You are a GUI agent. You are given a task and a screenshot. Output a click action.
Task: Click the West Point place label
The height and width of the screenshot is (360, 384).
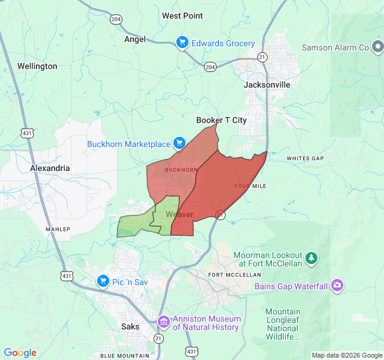click(x=182, y=16)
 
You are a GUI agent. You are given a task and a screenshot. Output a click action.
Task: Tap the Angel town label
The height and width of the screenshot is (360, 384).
click(x=134, y=39)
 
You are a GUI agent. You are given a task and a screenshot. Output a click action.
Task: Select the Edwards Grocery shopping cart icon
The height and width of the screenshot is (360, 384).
click(x=182, y=43)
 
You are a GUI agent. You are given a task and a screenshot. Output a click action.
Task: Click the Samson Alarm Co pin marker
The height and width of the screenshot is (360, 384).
click(x=377, y=46)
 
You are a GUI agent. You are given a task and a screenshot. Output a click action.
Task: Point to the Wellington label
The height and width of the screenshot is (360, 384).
click(x=37, y=66)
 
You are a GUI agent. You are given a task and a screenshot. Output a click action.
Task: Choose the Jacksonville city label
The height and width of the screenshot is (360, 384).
click(x=267, y=85)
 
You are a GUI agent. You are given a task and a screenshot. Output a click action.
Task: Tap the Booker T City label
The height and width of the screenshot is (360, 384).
click(x=221, y=120)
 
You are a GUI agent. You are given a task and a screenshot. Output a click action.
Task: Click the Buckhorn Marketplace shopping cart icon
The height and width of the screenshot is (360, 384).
click(x=179, y=143)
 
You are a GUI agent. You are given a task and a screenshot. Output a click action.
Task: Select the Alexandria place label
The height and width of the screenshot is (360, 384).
click(x=50, y=169)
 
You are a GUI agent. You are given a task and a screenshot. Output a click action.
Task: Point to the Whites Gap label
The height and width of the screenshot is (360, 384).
click(x=305, y=158)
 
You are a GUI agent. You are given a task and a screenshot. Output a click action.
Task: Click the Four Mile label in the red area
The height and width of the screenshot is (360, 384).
click(x=250, y=186)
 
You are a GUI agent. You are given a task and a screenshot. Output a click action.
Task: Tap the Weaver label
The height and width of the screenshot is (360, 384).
click(x=179, y=214)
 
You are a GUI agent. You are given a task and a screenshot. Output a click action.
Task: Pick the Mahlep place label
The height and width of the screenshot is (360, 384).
click(x=58, y=229)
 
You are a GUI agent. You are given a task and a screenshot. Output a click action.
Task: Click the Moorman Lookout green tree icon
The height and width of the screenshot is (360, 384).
click(x=311, y=258)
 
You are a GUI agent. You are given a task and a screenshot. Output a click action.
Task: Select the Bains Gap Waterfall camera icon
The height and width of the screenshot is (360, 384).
click(x=337, y=286)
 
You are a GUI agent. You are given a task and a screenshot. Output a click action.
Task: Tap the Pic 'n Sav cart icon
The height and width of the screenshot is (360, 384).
click(x=103, y=280)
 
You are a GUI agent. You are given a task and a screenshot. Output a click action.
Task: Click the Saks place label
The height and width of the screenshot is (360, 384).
click(x=130, y=326)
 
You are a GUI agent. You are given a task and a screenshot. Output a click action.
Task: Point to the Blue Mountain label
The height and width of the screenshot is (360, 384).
click(x=125, y=355)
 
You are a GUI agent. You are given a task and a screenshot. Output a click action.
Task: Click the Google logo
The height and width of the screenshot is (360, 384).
click(x=20, y=353)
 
